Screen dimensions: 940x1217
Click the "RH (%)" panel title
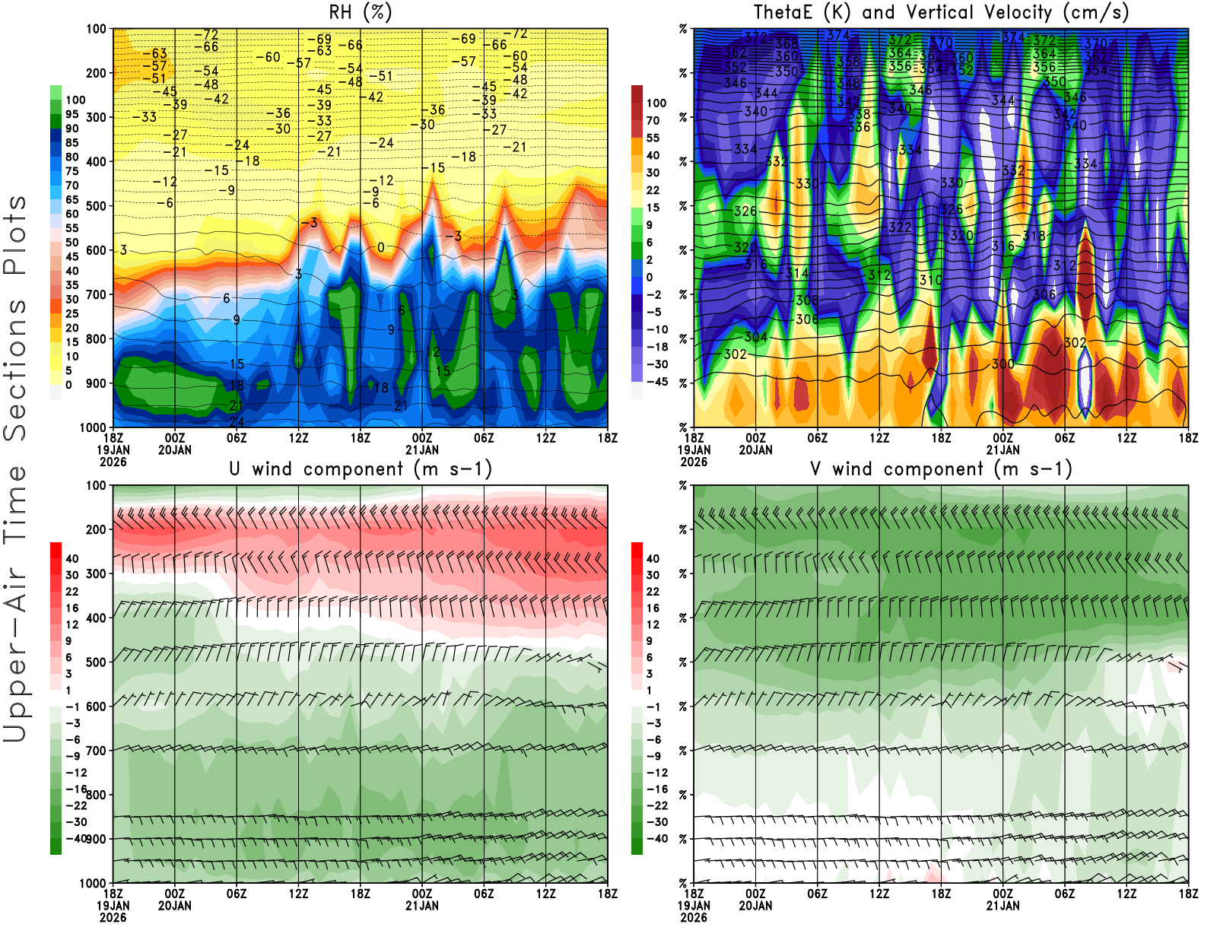pyautogui.click(x=360, y=13)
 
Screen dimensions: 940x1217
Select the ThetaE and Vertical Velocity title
pyautogui.click(x=941, y=13)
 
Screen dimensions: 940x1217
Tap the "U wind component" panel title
pyautogui.click(x=360, y=469)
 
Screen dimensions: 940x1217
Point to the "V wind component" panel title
pyautogui.click(x=941, y=469)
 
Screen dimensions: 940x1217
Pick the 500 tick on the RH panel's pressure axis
pyautogui.click(x=97, y=206)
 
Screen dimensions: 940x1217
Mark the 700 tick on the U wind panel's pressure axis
pyautogui.click(x=97, y=751)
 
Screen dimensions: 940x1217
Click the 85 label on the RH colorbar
pyautogui.click(x=72, y=143)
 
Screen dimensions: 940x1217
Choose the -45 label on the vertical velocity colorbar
pyautogui.click(x=656, y=382)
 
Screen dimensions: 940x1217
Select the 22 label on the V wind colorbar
pyautogui.click(x=653, y=592)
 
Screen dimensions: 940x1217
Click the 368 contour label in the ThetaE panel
pyautogui.click(x=786, y=44)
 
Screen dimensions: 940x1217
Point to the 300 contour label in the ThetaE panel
pyautogui.click(x=1003, y=364)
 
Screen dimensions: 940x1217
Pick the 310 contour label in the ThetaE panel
pyautogui.click(x=930, y=281)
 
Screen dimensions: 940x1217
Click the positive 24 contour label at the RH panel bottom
pyautogui.click(x=237, y=422)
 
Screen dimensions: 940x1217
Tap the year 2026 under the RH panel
pyautogui.click(x=113, y=462)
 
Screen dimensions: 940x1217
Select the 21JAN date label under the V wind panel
pyautogui.click(x=1003, y=906)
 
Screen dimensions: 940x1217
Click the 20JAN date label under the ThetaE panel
pyautogui.click(x=755, y=449)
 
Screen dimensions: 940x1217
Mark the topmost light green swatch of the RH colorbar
pyautogui.click(x=56, y=92)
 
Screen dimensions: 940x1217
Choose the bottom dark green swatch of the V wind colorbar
pyautogui.click(x=637, y=846)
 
